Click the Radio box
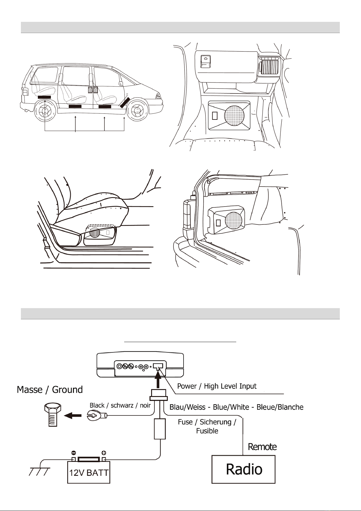coord(243,469)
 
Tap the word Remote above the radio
coord(262,447)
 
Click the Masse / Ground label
coord(50,389)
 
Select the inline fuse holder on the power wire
coord(160,429)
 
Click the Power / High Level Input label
coord(217,386)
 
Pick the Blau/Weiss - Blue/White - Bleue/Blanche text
coord(236,407)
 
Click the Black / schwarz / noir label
coord(120,405)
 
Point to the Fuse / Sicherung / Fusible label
coord(207,426)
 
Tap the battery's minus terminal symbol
coord(73,453)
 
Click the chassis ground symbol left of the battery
coord(39,472)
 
